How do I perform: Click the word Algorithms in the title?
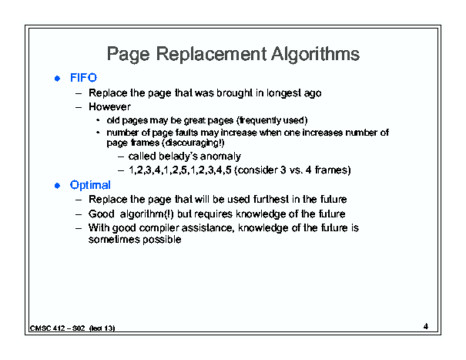[x=315, y=55]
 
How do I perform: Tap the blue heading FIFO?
[x=83, y=78]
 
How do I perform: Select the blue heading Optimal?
[x=90, y=185]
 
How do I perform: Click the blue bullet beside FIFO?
[x=57, y=79]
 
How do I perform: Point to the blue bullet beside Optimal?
[x=57, y=186]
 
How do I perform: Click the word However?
[x=109, y=106]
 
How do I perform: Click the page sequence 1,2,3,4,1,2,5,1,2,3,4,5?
[x=179, y=170]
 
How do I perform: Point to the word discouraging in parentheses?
[x=193, y=143]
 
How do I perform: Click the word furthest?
[x=271, y=199]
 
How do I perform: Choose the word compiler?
[x=159, y=228]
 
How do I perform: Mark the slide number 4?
[x=426, y=326]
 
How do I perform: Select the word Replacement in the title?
[x=211, y=55]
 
